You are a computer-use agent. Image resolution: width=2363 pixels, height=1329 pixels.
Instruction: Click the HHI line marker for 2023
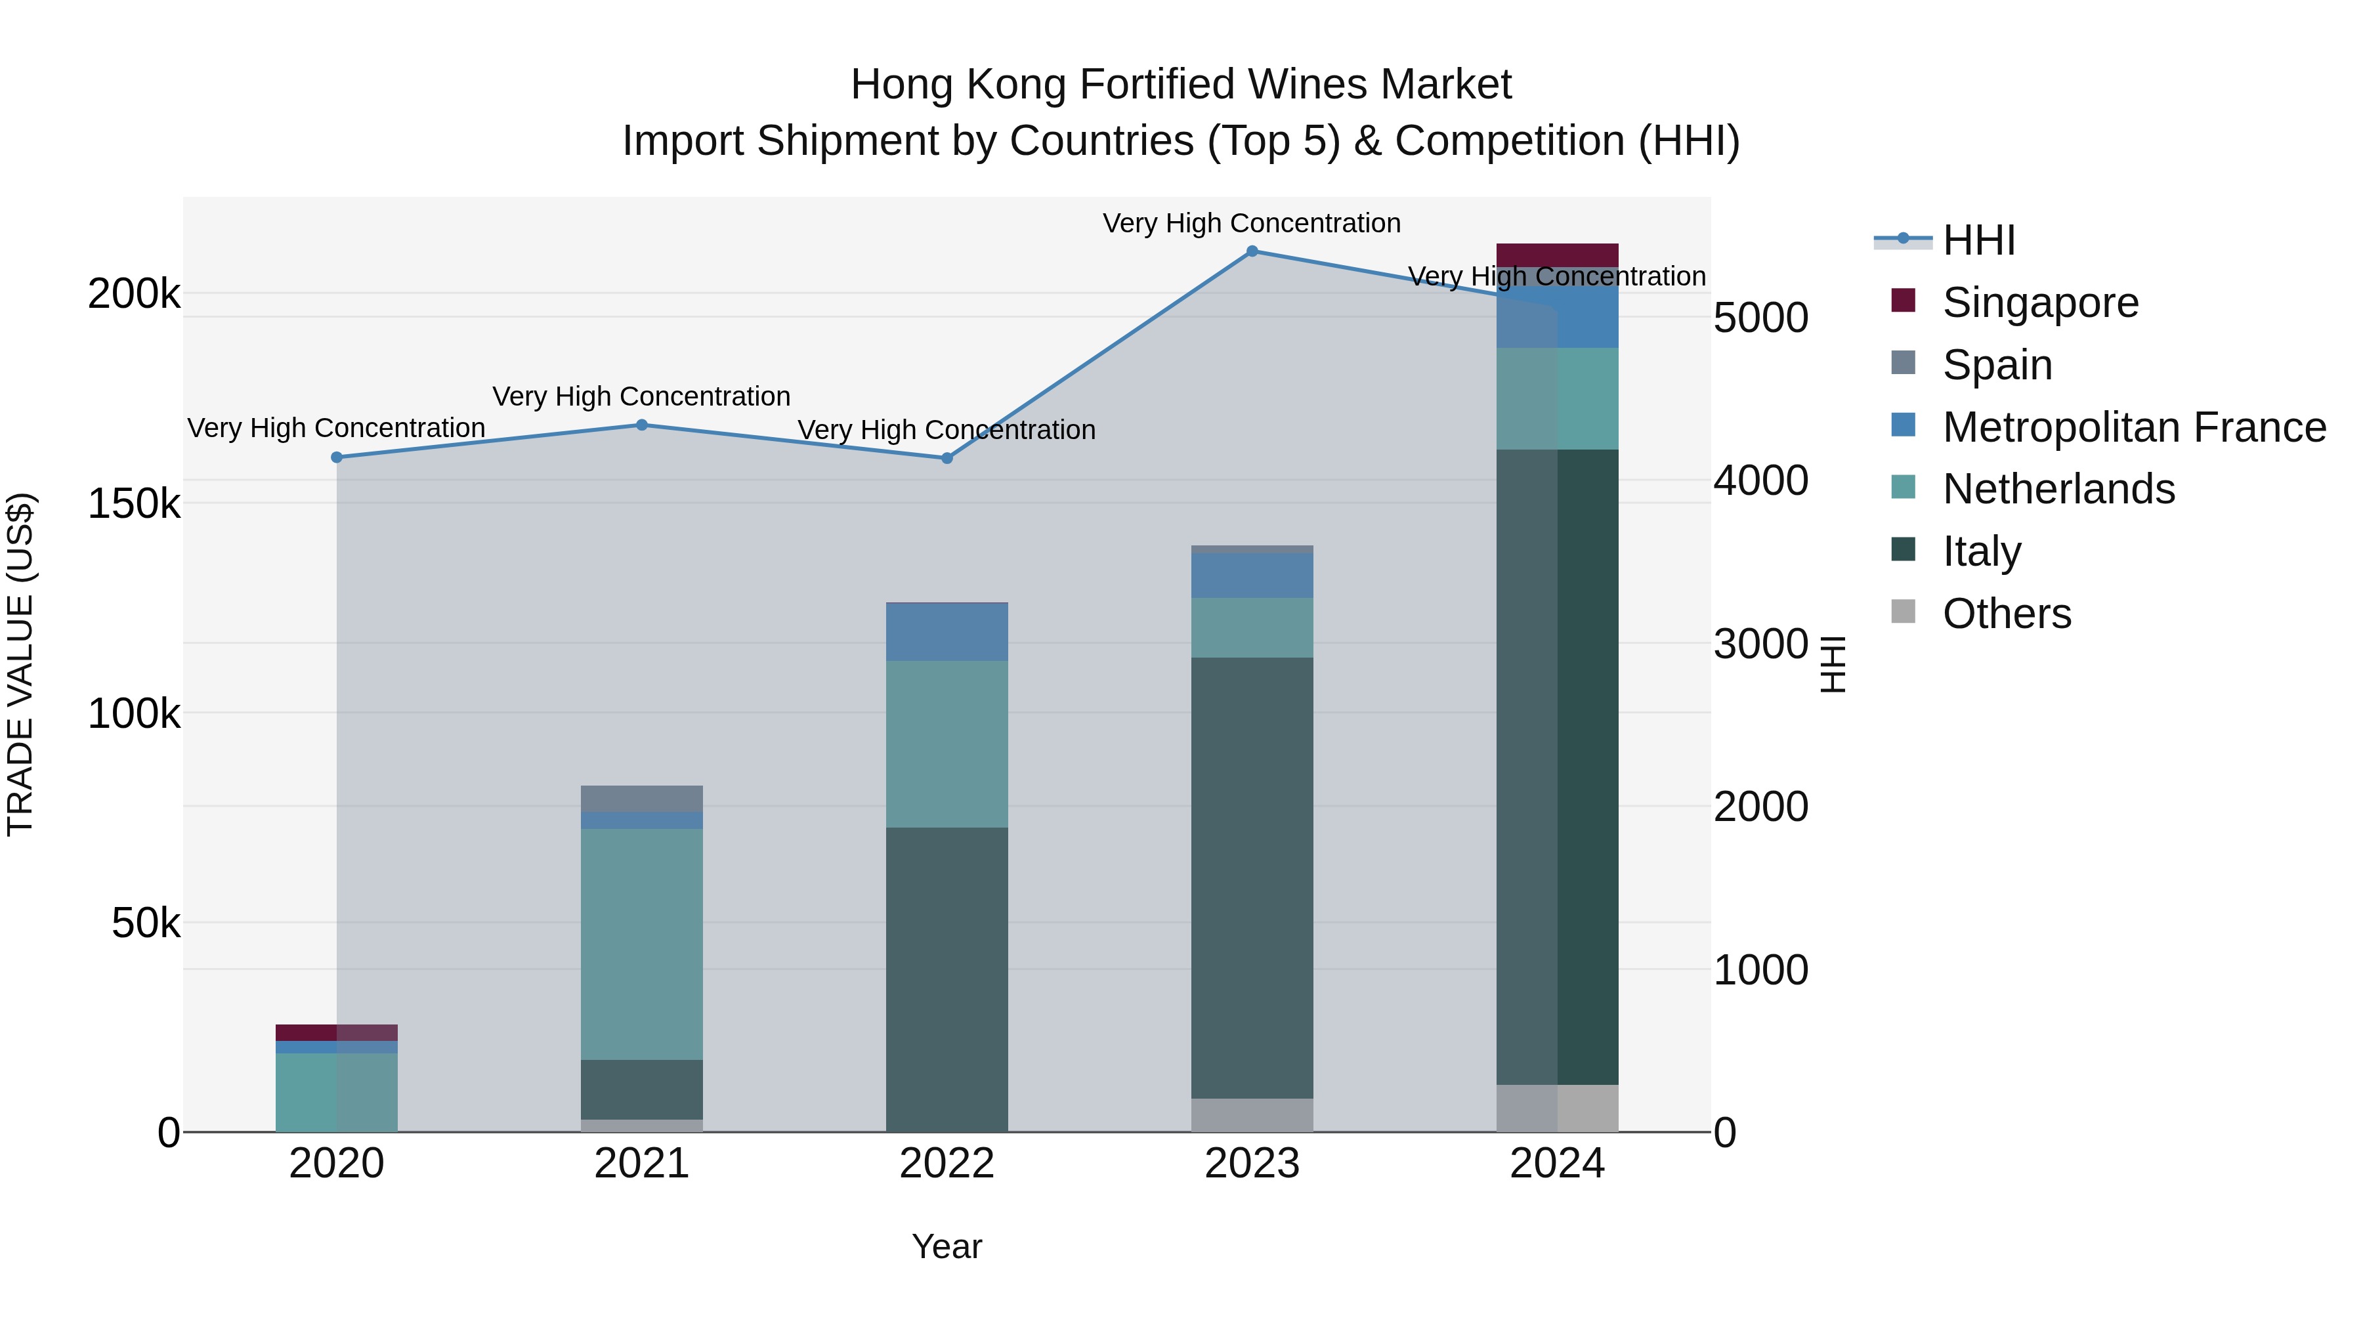(1252, 251)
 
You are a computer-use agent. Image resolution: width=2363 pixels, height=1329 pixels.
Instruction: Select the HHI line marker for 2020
(337, 457)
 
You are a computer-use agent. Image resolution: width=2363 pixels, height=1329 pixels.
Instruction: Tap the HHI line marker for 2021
(642, 425)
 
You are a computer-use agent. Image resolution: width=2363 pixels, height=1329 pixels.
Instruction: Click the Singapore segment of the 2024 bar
(1558, 255)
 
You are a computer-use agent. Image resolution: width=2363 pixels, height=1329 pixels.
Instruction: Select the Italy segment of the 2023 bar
(1252, 877)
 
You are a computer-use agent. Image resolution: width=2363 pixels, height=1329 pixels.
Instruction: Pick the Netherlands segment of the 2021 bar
(642, 944)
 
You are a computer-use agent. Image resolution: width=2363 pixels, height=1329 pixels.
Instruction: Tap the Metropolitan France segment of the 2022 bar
(947, 633)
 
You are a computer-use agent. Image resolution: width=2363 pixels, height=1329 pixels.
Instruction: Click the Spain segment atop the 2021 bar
(642, 799)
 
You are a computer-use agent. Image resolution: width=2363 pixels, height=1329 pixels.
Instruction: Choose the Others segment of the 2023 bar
(1252, 1115)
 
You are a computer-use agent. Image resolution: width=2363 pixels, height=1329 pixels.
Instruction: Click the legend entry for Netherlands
(2058, 489)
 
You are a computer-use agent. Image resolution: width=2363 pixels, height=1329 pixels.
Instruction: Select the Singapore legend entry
(2039, 303)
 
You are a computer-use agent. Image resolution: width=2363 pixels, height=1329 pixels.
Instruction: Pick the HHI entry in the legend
(1978, 240)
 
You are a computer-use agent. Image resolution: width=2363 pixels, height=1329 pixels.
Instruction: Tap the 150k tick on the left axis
(134, 503)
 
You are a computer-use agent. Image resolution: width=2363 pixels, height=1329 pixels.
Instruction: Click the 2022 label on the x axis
(947, 1164)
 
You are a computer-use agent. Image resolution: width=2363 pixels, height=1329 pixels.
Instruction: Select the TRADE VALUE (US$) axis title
(20, 664)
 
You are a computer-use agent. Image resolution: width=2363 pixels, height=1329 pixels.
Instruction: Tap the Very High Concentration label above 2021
(641, 396)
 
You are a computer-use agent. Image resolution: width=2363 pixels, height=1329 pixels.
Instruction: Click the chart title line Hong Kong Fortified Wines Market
(1181, 85)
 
